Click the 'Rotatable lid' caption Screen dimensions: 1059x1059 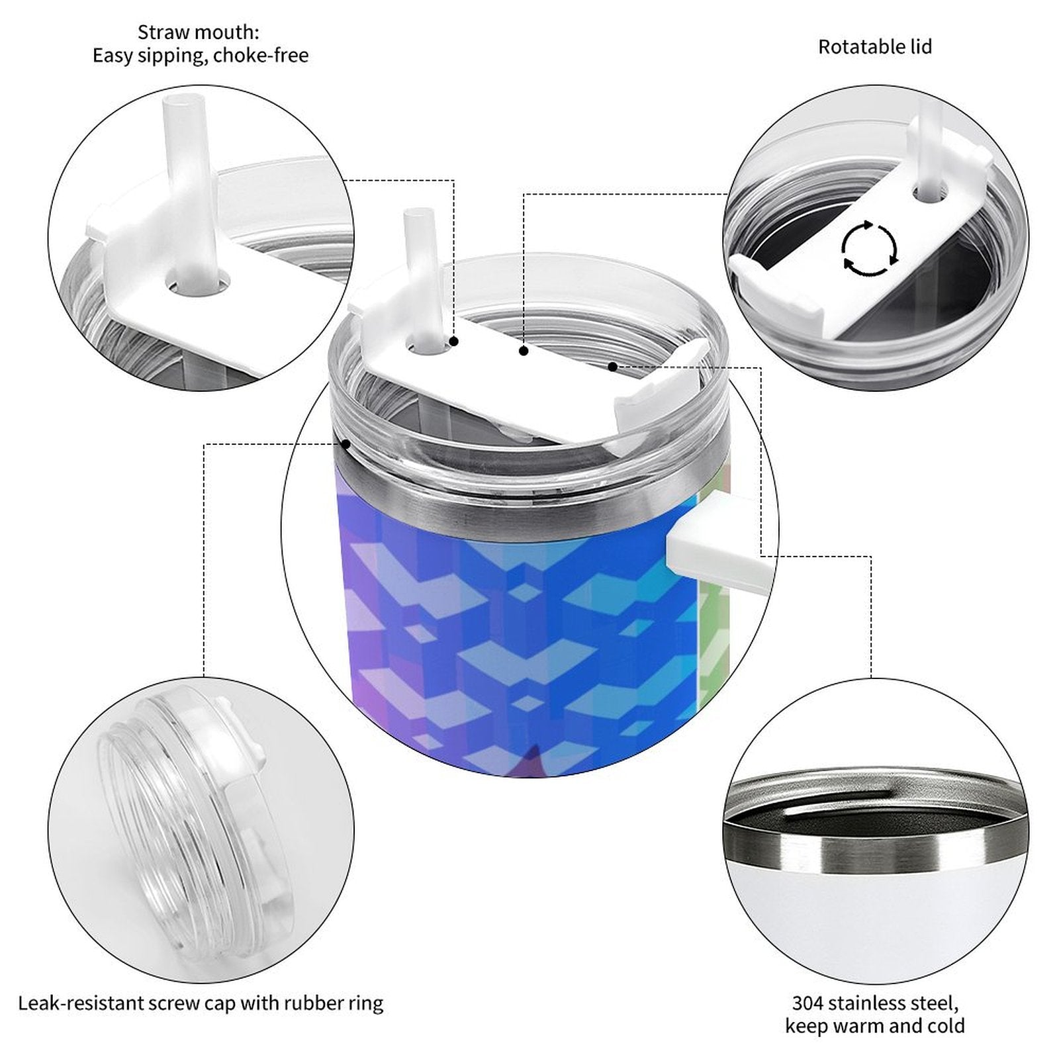(x=874, y=47)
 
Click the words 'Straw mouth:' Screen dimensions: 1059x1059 (x=199, y=32)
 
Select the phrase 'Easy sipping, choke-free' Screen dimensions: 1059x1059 (x=201, y=56)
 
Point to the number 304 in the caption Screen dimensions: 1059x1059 (x=807, y=1003)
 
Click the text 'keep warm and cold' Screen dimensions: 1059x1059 (x=874, y=1027)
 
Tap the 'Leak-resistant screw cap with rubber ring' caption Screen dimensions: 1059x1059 (x=201, y=1003)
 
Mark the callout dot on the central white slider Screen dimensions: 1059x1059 (x=524, y=351)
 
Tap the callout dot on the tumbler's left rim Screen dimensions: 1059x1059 (x=345, y=443)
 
